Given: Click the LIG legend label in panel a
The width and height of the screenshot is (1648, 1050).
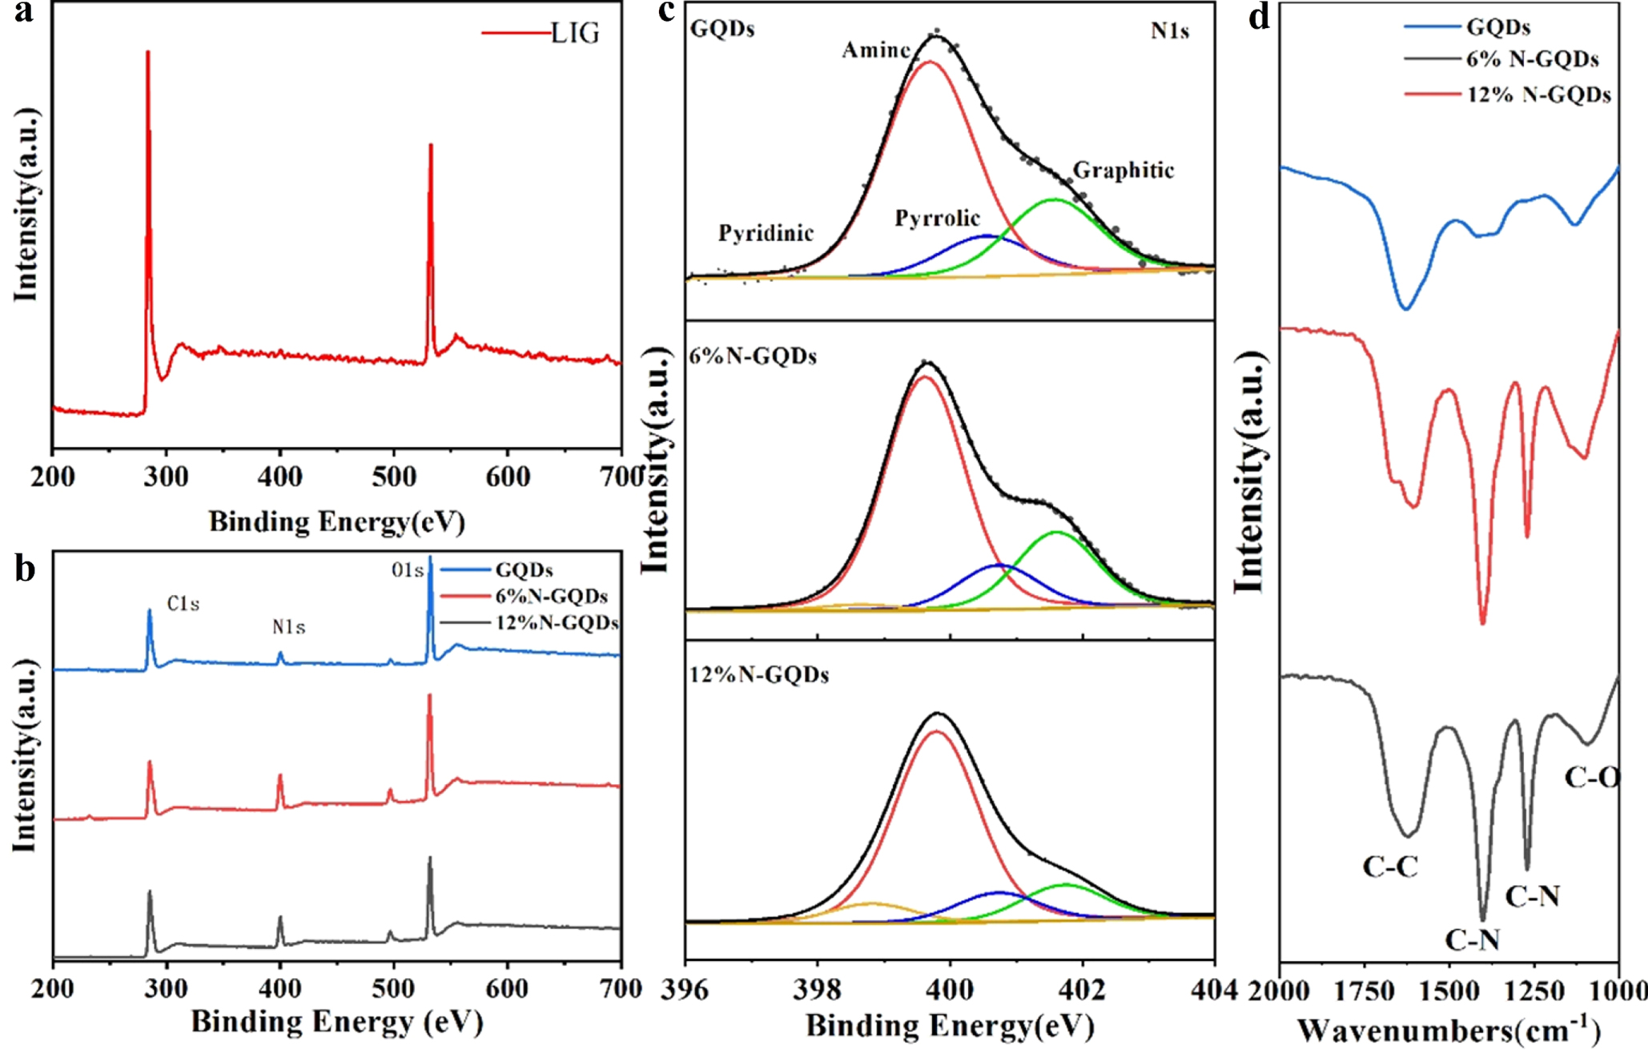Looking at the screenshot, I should (x=575, y=33).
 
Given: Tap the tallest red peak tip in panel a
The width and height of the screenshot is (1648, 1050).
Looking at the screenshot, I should (x=148, y=54).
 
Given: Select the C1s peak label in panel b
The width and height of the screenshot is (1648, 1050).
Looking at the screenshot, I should (x=183, y=604).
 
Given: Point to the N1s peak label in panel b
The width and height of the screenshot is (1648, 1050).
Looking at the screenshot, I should (x=288, y=627).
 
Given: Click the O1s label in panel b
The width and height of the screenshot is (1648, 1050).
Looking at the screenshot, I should (x=407, y=570).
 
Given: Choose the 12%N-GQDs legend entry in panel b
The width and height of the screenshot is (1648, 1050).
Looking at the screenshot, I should (x=557, y=622).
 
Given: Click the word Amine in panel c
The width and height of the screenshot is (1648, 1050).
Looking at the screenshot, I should (x=876, y=50).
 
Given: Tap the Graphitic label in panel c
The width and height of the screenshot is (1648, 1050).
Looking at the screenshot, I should (x=1123, y=170).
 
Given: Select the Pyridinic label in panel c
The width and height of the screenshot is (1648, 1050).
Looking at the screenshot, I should (x=766, y=233).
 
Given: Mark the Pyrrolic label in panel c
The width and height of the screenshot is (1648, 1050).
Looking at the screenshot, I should (x=937, y=218).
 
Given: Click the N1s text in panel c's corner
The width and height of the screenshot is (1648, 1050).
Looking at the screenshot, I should (x=1170, y=31).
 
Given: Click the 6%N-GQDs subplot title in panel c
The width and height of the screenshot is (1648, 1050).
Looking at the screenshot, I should (x=753, y=356).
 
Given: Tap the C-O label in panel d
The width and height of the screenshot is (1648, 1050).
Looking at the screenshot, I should (x=1592, y=777).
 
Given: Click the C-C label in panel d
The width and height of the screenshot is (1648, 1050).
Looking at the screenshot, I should (x=1390, y=866).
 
